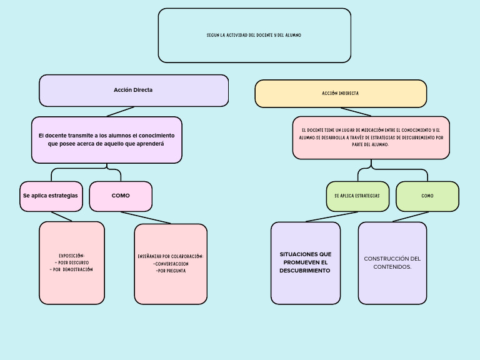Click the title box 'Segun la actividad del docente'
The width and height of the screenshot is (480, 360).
(x=254, y=36)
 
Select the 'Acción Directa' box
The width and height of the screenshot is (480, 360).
(x=133, y=90)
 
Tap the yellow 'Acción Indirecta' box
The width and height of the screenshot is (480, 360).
(x=341, y=93)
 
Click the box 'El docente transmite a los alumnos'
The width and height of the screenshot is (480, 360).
(x=106, y=139)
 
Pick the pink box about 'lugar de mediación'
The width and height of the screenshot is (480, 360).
(x=371, y=137)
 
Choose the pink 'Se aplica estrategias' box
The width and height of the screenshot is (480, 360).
(x=51, y=196)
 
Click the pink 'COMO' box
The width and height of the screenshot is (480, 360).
(x=121, y=196)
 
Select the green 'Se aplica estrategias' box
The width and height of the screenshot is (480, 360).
(x=357, y=196)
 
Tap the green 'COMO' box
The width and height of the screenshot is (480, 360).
(x=427, y=196)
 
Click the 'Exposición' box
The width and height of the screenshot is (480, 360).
(x=71, y=262)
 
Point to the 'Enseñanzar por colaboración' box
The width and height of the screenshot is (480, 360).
(x=171, y=264)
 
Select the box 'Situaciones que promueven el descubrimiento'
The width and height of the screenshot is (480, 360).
(x=306, y=262)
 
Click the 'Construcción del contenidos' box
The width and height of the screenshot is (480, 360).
(x=392, y=262)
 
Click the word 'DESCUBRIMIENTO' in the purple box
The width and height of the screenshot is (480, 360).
(x=305, y=271)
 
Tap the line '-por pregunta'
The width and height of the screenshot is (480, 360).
(x=171, y=271)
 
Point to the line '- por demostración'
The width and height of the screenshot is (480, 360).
(x=71, y=269)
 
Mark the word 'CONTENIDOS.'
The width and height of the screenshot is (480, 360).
(x=392, y=267)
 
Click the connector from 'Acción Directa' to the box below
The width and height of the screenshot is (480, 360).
(x=120, y=111)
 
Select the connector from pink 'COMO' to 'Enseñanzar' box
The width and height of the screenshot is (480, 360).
(x=146, y=217)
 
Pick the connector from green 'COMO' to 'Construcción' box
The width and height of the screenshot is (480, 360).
(x=411, y=217)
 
